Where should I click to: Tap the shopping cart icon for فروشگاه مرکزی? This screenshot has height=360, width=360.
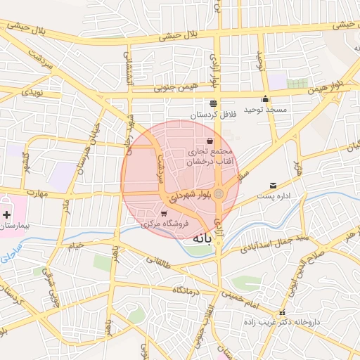(164, 214)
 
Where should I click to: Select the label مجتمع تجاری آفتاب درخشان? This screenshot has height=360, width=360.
(209, 157)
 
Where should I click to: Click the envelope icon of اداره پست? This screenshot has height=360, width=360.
(272, 186)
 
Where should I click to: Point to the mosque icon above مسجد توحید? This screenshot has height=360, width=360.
(265, 99)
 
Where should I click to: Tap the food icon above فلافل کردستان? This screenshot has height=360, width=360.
(213, 103)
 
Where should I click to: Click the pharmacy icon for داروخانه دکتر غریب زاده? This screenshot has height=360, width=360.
(282, 313)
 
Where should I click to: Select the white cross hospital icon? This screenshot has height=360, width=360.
(7, 214)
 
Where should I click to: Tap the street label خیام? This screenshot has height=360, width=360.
(75, 245)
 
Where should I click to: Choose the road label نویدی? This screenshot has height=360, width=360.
(34, 92)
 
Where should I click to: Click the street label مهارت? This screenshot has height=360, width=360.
(33, 192)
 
